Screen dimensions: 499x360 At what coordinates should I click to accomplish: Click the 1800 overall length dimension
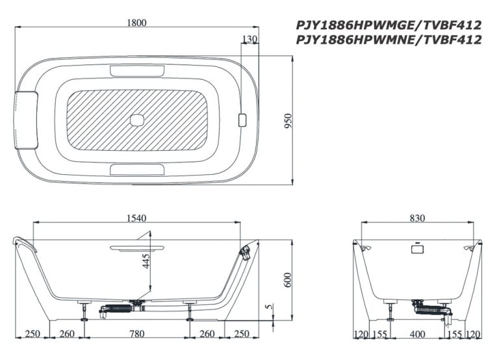pyautogui.click(x=136, y=23)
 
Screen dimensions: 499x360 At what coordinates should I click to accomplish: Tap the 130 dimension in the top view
pyautogui.click(x=249, y=39)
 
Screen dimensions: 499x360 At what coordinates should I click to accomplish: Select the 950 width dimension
pyautogui.click(x=288, y=121)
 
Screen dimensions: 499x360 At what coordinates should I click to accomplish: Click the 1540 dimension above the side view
pyautogui.click(x=136, y=218)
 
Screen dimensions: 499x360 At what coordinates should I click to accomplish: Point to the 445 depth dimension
pyautogui.click(x=146, y=261)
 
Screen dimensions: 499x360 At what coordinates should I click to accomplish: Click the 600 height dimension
pyautogui.click(x=288, y=280)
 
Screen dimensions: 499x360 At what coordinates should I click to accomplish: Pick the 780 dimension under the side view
pyautogui.click(x=137, y=333)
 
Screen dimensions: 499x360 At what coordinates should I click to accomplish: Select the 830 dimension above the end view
pyautogui.click(x=417, y=218)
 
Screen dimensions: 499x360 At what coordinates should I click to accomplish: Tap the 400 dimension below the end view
pyautogui.click(x=417, y=334)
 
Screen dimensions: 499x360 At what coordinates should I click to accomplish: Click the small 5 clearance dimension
pyautogui.click(x=270, y=307)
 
